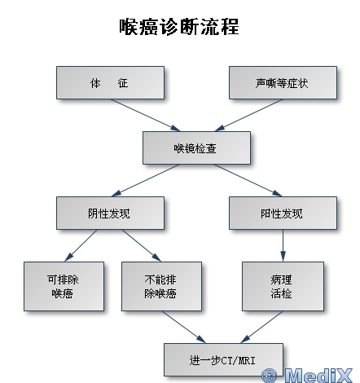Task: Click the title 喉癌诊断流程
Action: pyautogui.click(x=179, y=27)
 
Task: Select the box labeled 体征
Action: pyautogui.click(x=110, y=82)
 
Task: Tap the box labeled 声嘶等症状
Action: pyautogui.click(x=283, y=82)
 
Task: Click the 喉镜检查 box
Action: pyautogui.click(x=196, y=147)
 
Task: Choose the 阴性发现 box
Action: pyautogui.click(x=110, y=213)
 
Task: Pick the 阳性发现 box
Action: pyautogui.click(x=283, y=213)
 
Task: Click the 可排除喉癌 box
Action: pyautogui.click(x=64, y=286)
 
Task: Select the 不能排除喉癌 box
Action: pyautogui.click(x=161, y=286)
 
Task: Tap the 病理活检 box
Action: pyautogui.click(x=283, y=286)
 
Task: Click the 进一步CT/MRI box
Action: pyautogui.click(x=223, y=359)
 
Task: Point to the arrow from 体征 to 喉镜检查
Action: pyautogui.click(x=145, y=115)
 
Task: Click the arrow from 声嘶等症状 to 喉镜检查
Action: pyautogui.click(x=248, y=115)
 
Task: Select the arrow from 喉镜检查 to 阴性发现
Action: pyautogui.click(x=145, y=180)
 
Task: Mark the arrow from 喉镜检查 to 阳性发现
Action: pyautogui.click(x=248, y=180)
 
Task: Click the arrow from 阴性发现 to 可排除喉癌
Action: pyautogui.click(x=81, y=245)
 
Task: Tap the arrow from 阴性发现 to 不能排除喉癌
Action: pyautogui.click(x=142, y=245)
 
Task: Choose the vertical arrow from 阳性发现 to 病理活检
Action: pyautogui.click(x=283, y=245)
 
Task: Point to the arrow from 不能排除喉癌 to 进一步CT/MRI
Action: pyautogui.click(x=184, y=327)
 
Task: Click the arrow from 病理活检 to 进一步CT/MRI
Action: pyautogui.click(x=261, y=327)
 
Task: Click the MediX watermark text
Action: pyautogui.click(x=307, y=376)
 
